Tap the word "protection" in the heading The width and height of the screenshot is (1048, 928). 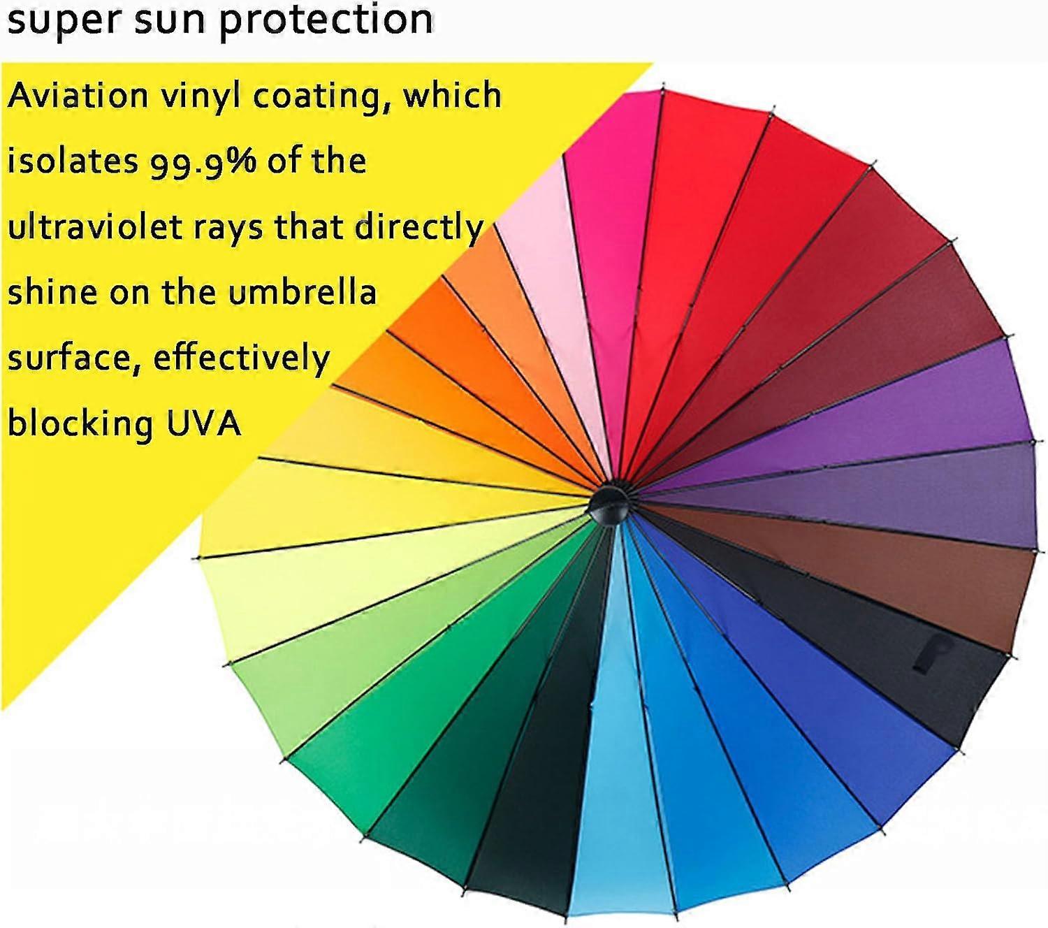point(326,21)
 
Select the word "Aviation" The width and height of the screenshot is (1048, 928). point(78,96)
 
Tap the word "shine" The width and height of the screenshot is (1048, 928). point(52,291)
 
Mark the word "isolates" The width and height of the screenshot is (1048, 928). point(73,161)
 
